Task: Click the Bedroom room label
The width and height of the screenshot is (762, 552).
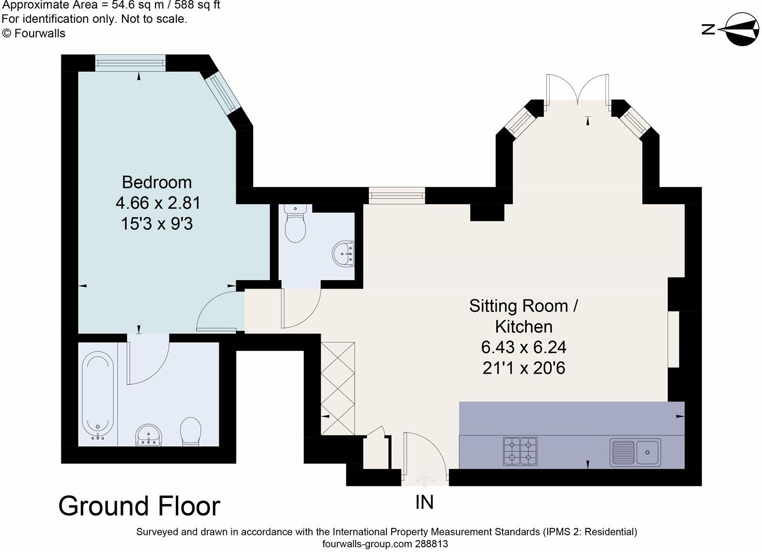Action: (157, 182)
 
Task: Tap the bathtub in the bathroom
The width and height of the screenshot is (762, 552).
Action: (98, 397)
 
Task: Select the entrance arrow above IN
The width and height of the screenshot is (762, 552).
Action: (426, 479)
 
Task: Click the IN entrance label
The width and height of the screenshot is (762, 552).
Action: (424, 502)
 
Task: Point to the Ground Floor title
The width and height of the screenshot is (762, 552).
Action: (139, 506)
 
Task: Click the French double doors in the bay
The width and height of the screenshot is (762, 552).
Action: (577, 90)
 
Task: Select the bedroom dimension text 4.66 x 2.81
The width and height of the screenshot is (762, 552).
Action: (158, 203)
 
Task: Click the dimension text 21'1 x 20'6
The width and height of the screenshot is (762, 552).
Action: (524, 368)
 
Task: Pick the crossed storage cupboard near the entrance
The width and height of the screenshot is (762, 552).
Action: (338, 388)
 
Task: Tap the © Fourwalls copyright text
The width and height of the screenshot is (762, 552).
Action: (34, 33)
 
